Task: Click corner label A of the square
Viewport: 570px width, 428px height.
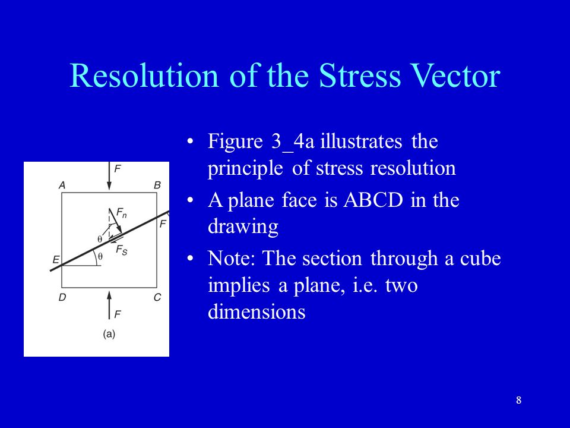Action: pos(62,185)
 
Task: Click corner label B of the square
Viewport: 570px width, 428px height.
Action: pos(157,185)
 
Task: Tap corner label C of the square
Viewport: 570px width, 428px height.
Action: pos(157,297)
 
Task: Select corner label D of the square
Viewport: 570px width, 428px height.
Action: pos(62,297)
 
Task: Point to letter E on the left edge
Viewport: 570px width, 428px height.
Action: pos(55,260)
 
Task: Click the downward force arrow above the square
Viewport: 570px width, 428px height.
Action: pos(109,177)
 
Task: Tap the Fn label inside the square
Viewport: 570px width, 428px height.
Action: pos(121,212)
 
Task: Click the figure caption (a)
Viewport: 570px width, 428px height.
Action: pos(109,334)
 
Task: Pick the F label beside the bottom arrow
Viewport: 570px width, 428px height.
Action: pos(118,313)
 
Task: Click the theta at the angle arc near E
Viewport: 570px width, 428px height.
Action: pos(100,257)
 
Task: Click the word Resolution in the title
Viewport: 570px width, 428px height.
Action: pos(146,77)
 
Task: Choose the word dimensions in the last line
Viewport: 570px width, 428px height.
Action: pos(256,311)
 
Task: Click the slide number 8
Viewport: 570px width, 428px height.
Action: pos(519,400)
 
